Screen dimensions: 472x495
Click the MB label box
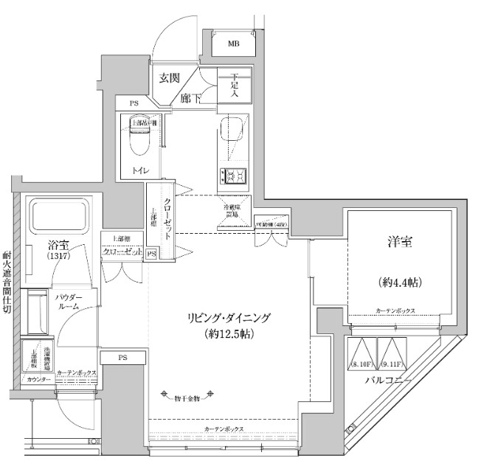[233, 44]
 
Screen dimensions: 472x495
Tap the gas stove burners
[235, 176]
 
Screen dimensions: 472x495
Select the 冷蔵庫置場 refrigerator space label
[235, 210]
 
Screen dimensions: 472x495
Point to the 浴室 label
[59, 244]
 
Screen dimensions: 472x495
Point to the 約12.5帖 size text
[228, 335]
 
